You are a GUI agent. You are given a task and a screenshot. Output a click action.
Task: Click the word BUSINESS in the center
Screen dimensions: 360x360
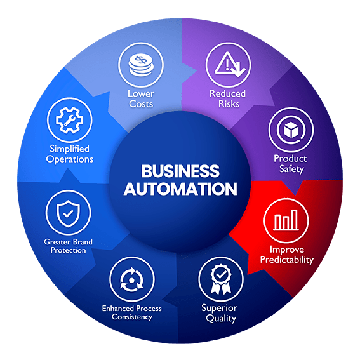[x=180, y=171]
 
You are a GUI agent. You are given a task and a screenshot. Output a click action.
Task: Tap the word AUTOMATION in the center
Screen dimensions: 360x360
[x=180, y=189]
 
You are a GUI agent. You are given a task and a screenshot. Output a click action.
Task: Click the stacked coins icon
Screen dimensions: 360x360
[x=141, y=65]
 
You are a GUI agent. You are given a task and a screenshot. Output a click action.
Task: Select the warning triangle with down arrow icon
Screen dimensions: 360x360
[x=230, y=64]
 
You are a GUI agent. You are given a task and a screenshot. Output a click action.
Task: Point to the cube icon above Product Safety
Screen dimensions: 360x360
[x=291, y=130]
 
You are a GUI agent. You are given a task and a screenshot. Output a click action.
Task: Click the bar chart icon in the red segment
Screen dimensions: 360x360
[x=286, y=220]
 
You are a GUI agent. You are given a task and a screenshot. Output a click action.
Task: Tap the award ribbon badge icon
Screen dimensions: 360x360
[x=221, y=279]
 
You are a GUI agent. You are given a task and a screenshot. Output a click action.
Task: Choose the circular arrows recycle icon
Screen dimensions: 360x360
[x=131, y=279]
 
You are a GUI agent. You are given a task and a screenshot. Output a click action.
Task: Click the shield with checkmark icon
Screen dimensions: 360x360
[x=68, y=213]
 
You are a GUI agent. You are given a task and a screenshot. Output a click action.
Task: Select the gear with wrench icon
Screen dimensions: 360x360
[x=70, y=120]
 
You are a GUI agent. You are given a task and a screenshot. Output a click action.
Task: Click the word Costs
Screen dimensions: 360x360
[x=141, y=104]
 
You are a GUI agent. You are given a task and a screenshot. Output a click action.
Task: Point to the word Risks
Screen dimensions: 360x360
[x=229, y=104]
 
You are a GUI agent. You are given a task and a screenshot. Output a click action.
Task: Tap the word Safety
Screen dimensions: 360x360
[x=291, y=170]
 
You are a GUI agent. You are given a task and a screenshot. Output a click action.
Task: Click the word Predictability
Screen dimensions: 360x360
[x=287, y=260]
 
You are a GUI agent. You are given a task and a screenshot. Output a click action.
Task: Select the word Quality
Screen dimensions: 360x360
[x=221, y=319]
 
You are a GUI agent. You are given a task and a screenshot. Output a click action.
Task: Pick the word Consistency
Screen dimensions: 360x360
[x=132, y=317]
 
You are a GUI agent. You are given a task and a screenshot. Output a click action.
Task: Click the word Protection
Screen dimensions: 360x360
[x=68, y=250]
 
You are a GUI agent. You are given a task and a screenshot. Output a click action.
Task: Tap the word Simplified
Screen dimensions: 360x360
[x=70, y=149]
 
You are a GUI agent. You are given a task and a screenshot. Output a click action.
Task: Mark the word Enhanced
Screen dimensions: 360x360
[x=116, y=309]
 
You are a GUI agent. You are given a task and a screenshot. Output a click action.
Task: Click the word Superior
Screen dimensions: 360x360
[x=220, y=309]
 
